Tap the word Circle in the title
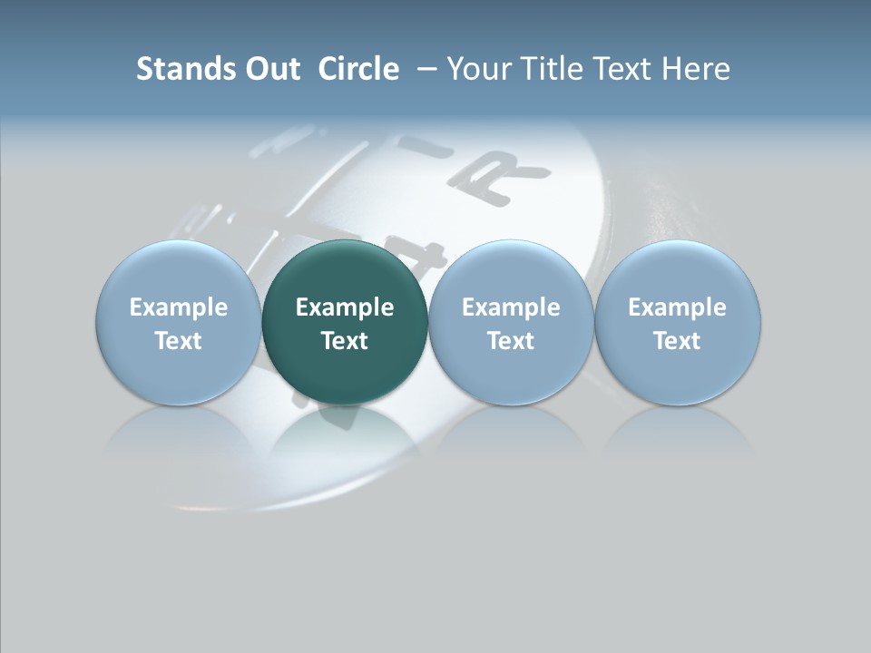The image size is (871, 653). (358, 69)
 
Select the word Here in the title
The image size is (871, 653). (696, 69)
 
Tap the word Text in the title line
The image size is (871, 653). (621, 69)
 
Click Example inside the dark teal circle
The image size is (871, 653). (345, 307)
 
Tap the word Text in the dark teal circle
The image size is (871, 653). (345, 341)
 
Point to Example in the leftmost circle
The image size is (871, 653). (178, 307)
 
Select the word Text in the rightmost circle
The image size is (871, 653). (678, 341)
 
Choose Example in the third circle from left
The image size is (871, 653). (511, 307)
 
